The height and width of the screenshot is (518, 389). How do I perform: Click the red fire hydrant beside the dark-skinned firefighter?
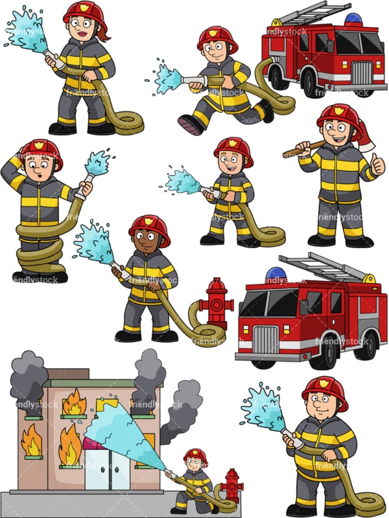[x=216, y=302]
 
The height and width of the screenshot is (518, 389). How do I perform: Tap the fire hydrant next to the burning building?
[x=231, y=484]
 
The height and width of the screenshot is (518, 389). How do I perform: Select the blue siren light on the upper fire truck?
[x=354, y=19]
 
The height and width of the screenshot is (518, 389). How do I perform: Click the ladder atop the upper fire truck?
[x=311, y=14]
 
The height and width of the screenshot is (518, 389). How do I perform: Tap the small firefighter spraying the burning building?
[x=194, y=479]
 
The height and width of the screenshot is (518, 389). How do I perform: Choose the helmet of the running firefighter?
[x=217, y=38]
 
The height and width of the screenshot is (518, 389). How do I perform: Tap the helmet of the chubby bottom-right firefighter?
[x=324, y=390]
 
